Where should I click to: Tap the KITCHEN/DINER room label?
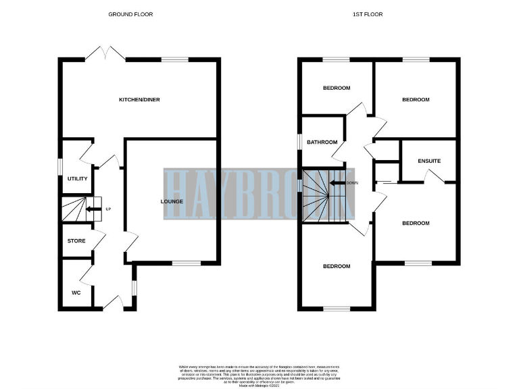tap(139, 100)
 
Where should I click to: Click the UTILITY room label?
tap(77, 178)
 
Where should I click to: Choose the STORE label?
tap(76, 241)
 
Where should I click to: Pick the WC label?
tap(76, 292)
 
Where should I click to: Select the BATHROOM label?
tap(322, 142)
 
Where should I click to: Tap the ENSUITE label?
tap(429, 161)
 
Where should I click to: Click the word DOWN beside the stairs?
tap(351, 183)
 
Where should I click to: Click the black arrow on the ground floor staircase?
tap(91, 209)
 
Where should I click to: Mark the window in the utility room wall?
tap(59, 165)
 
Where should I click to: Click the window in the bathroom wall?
tap(300, 141)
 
